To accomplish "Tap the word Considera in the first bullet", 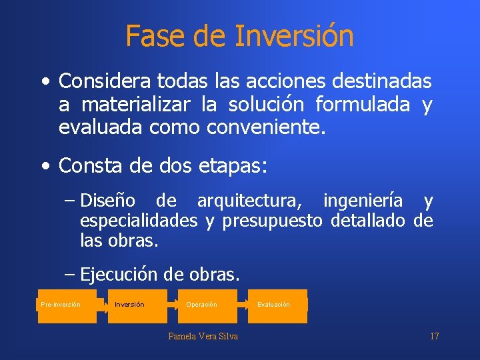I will tap(105, 82).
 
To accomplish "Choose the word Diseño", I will tap(108, 201).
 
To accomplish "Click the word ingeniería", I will tap(363, 201).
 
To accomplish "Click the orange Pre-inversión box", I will tap(67, 306).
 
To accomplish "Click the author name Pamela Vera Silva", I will tap(203, 336).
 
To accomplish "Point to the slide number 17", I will tap(434, 336).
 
